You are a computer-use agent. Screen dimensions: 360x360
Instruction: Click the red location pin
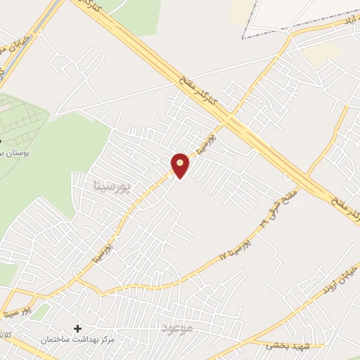[x=180, y=165]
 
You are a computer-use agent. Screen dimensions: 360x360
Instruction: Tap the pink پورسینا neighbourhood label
[x=113, y=186]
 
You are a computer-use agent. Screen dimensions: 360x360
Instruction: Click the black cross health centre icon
[x=77, y=328]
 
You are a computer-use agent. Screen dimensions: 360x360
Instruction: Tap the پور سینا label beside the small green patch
[x=15, y=309]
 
